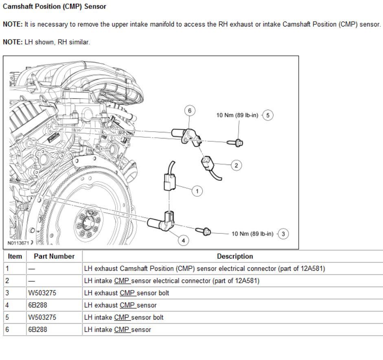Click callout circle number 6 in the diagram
click(190, 111)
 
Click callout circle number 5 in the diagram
click(267, 115)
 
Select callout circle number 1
click(197, 191)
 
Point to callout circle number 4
click(184, 240)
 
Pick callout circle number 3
click(283, 234)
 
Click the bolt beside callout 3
click(204, 231)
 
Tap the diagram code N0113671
click(18, 243)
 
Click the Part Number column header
click(54, 257)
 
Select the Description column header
click(235, 257)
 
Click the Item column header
click(15, 257)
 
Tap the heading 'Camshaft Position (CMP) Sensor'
click(55, 7)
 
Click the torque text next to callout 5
click(237, 115)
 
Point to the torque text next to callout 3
click(252, 234)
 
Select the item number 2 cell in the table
click(7, 281)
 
